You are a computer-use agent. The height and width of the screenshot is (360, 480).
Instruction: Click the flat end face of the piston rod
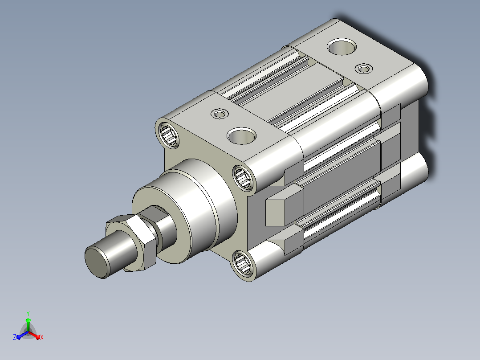click(97, 262)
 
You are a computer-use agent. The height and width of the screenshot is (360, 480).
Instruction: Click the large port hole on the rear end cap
click(342, 47)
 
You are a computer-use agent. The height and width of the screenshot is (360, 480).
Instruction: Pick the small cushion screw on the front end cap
click(220, 114)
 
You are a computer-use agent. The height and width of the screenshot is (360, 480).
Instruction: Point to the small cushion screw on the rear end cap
click(364, 69)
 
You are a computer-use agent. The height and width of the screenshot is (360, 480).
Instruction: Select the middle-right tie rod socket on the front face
click(243, 177)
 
